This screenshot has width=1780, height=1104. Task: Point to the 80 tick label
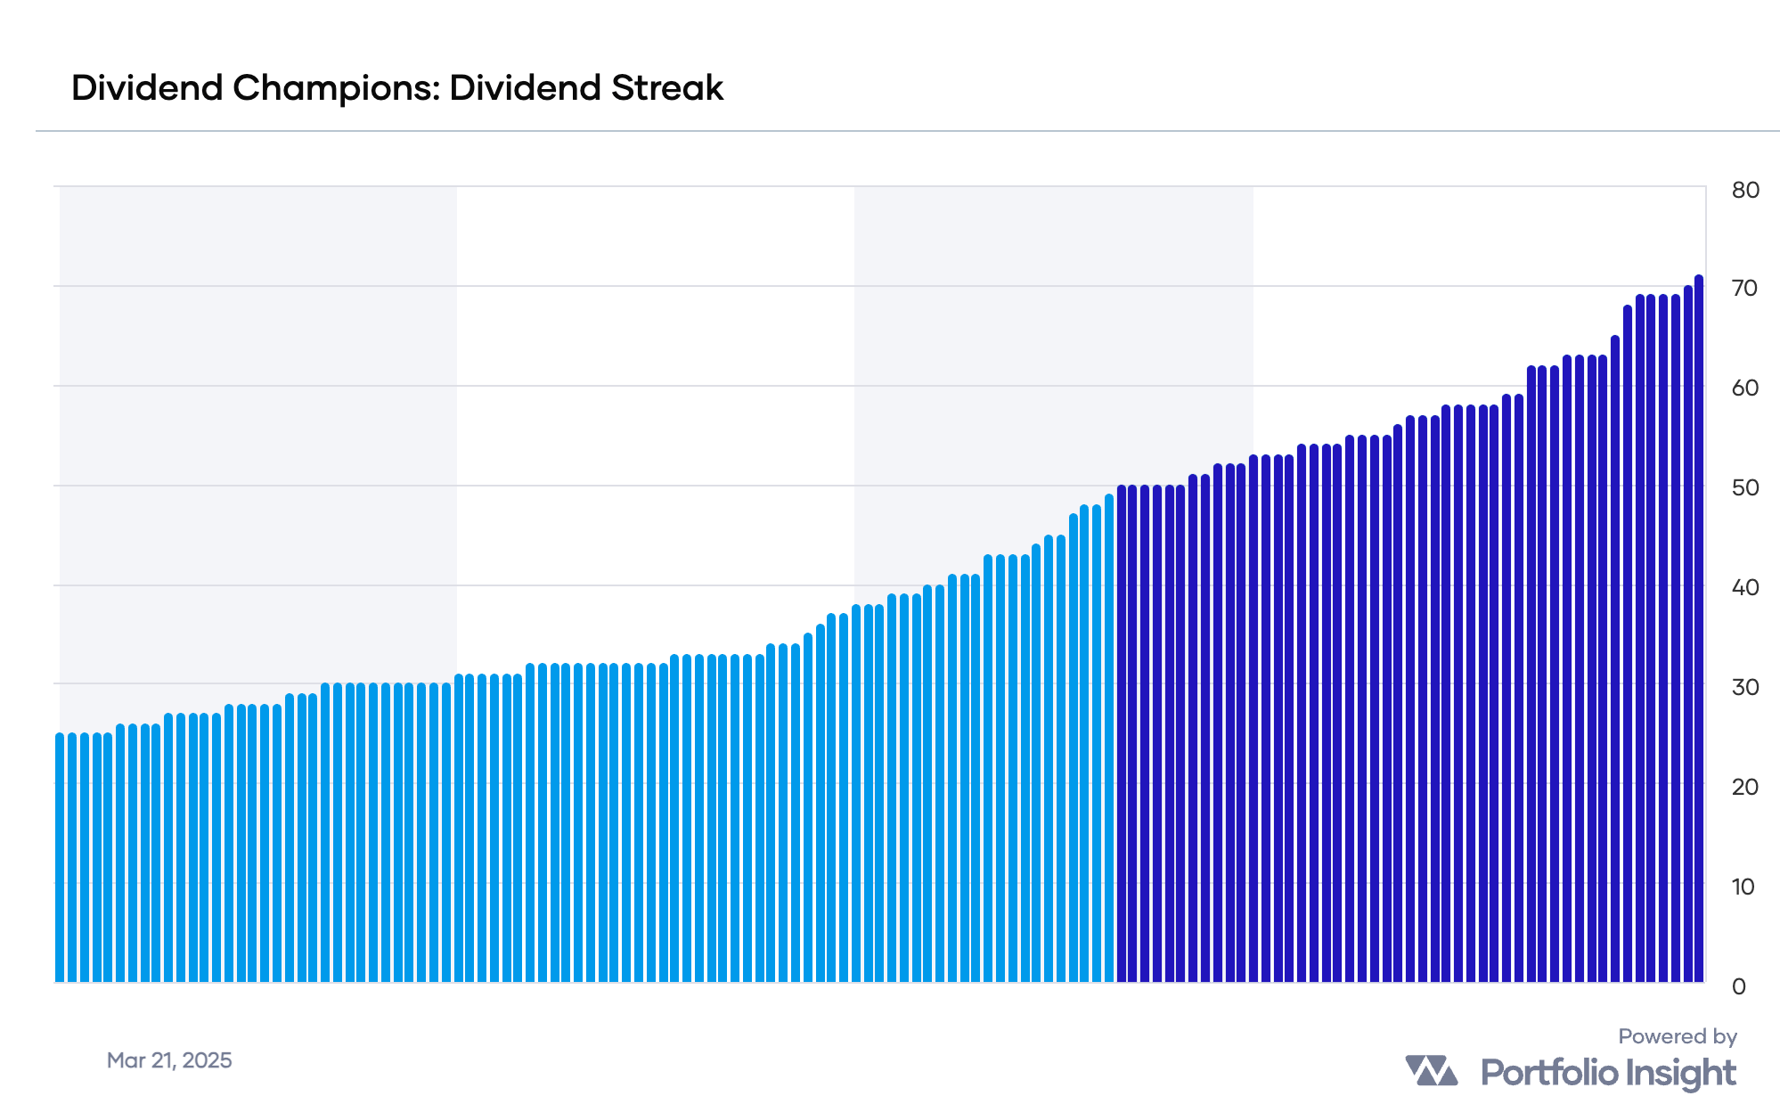(x=1745, y=190)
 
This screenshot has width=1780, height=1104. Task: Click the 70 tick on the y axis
(x=1745, y=288)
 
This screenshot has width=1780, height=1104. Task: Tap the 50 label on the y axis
(x=1745, y=487)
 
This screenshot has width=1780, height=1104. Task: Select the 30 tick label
(x=1745, y=687)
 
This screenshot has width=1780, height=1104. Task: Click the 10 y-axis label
(x=1743, y=887)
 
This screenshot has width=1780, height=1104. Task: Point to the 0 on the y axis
(x=1739, y=986)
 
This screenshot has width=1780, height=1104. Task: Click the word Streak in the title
(x=667, y=88)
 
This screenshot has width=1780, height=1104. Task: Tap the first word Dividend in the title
(x=147, y=88)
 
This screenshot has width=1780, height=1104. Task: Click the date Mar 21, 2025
(x=169, y=1060)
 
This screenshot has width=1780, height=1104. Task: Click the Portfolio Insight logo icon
(x=1431, y=1071)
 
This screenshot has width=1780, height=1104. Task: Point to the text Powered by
(x=1678, y=1036)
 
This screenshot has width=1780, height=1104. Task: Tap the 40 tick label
(x=1745, y=587)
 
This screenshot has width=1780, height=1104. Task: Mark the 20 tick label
(x=1745, y=787)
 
